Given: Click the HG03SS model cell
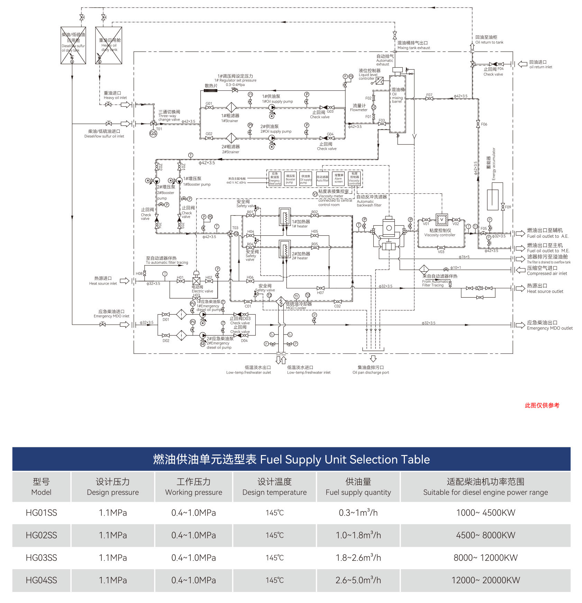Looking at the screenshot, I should coord(41,558).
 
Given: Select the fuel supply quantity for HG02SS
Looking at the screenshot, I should coord(358,535).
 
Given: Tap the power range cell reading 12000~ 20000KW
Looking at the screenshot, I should coord(485,580).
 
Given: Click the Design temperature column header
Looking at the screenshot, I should coord(274,487).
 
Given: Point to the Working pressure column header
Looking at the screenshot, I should coord(193,487).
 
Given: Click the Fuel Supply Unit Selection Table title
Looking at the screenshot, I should coord(291,460).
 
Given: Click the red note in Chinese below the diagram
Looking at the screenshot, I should coord(542,405).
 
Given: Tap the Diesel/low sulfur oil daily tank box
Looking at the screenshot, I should coord(73,45).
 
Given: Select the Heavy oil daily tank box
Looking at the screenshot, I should coord(109,45).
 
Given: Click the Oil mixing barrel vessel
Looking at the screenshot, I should coord(398,104).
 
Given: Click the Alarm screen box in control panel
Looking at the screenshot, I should coord(338,179).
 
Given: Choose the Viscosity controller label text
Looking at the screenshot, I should coord(440,233).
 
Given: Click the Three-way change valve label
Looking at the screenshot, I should coord(169,116).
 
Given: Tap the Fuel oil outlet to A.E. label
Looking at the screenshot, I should coord(547,233).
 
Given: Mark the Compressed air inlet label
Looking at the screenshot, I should coord(547,271).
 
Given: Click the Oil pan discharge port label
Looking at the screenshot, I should coord(371,370).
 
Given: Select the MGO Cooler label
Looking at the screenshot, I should coord(298,306).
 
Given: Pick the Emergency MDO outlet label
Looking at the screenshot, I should coord(549,325).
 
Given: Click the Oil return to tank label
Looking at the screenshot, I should coord(489,40).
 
